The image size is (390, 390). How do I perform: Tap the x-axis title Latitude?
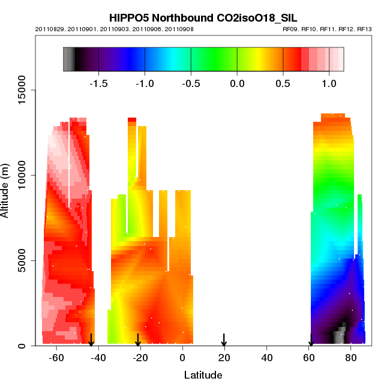203,376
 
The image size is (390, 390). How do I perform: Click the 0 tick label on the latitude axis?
182,358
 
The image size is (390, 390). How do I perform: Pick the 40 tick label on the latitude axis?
266,358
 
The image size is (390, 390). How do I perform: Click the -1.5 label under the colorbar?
98,83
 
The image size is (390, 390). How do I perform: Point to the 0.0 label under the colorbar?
238,83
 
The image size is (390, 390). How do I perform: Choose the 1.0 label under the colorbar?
329,83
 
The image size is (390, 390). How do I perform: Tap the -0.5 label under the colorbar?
191,83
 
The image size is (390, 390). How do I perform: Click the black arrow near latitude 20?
224,340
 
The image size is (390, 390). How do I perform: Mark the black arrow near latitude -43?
91,340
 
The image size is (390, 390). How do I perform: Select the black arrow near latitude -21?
138,340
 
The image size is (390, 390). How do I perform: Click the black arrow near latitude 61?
311,340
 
